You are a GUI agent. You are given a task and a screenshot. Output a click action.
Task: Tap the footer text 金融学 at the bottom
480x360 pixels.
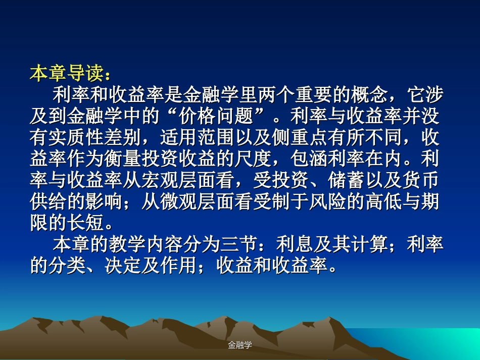(x=239, y=345)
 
